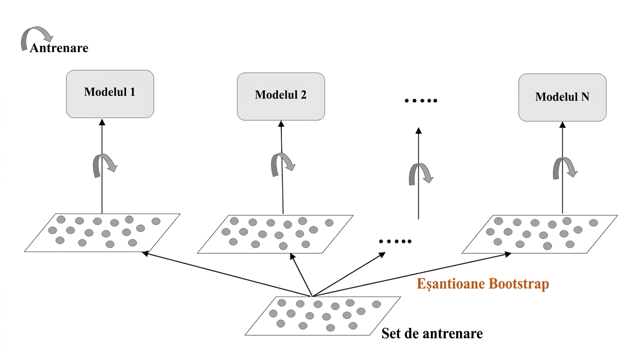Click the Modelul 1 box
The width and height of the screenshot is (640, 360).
[110, 94]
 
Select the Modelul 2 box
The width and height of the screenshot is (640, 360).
[281, 97]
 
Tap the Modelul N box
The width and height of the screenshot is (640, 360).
[562, 97]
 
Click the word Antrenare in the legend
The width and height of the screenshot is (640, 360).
[59, 48]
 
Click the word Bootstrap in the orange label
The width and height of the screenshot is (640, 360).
[519, 284]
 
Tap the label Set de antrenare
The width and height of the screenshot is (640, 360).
[432, 333]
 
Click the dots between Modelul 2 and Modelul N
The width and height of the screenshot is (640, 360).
[421, 101]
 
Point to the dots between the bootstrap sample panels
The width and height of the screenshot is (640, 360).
[395, 241]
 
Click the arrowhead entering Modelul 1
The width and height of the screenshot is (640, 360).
[102, 122]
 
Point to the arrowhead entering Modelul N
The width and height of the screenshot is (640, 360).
[562, 125]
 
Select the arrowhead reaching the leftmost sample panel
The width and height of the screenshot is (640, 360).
[145, 253]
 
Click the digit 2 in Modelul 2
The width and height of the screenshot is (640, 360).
[303, 95]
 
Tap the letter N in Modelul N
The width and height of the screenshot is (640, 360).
[585, 97]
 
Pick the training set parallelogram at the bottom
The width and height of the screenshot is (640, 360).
[323, 316]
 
